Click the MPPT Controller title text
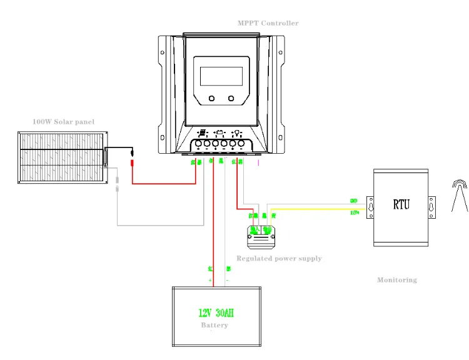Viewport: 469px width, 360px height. pyautogui.click(x=268, y=23)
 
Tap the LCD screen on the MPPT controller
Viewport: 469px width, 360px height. pyautogui.click(x=221, y=76)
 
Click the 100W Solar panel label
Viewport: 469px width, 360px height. pyautogui.click(x=63, y=121)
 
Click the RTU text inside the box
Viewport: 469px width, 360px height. pyautogui.click(x=401, y=204)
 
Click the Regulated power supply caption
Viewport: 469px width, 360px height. pyautogui.click(x=279, y=258)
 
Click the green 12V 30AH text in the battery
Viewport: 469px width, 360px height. pyautogui.click(x=216, y=313)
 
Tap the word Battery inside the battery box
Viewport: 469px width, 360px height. pyautogui.click(x=214, y=325)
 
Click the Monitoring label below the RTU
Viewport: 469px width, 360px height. pyautogui.click(x=396, y=280)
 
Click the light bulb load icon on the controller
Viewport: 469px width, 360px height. pyautogui.click(x=238, y=133)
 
